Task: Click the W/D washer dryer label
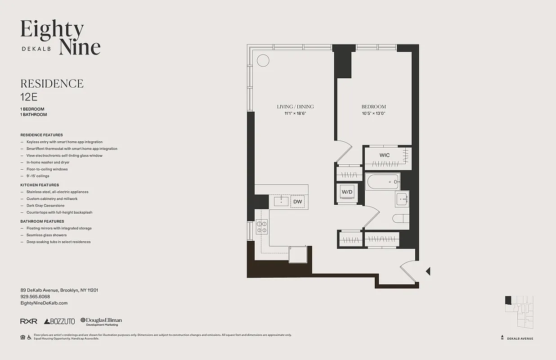click(347, 192)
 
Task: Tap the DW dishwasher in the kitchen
click(297, 202)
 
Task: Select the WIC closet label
click(384, 155)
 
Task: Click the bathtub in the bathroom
click(383, 182)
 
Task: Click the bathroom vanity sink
click(402, 198)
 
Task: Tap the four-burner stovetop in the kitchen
click(261, 226)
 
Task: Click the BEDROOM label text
click(373, 107)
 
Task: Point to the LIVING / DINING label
click(295, 107)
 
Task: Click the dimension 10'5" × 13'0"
click(373, 113)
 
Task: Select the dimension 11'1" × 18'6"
click(295, 113)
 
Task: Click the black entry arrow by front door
click(428, 271)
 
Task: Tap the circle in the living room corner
click(263, 60)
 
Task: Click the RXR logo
click(28, 321)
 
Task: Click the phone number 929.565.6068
click(35, 297)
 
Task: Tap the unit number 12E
click(28, 96)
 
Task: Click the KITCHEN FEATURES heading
click(40, 185)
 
